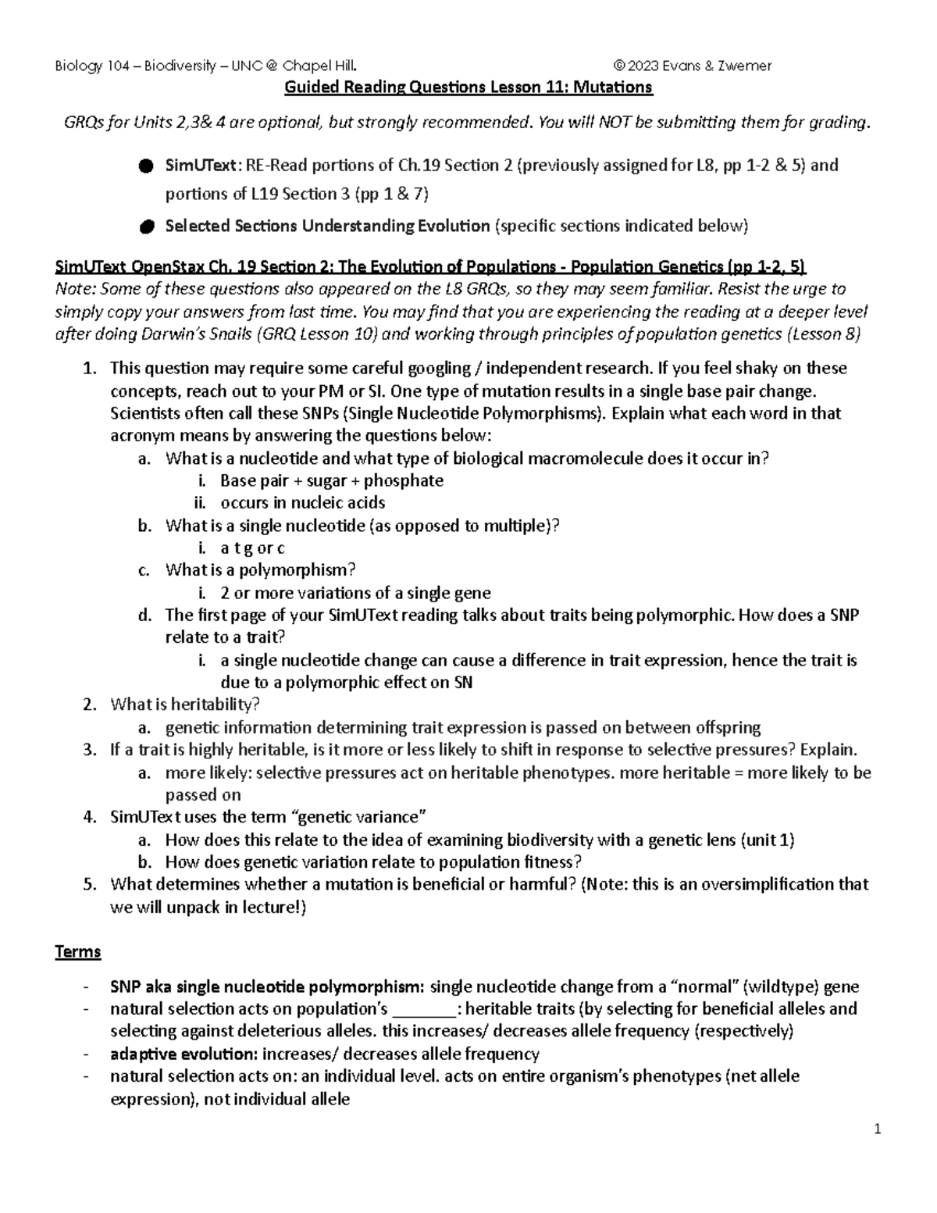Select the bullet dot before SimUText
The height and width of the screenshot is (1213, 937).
point(145,166)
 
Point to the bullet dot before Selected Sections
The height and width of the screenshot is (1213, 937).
point(145,227)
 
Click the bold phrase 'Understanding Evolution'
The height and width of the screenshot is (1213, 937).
point(396,227)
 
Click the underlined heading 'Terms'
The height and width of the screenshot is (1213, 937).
point(77,952)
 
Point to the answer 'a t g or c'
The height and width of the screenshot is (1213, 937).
point(253,548)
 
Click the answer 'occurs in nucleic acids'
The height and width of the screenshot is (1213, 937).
point(303,503)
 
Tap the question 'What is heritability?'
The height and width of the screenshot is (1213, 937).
point(185,705)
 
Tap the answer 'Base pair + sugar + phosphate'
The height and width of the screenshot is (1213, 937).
point(332,481)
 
